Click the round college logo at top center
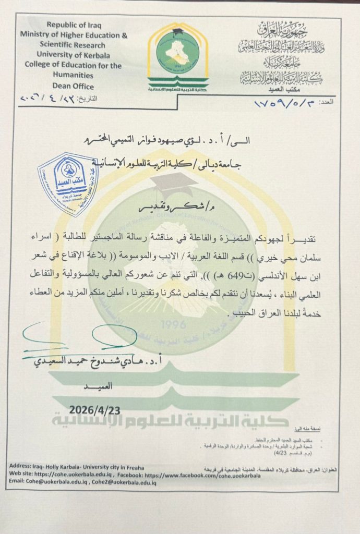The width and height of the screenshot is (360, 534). click(177, 50)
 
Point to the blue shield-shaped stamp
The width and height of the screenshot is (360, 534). click(68, 184)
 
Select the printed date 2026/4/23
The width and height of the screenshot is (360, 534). click(94, 410)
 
